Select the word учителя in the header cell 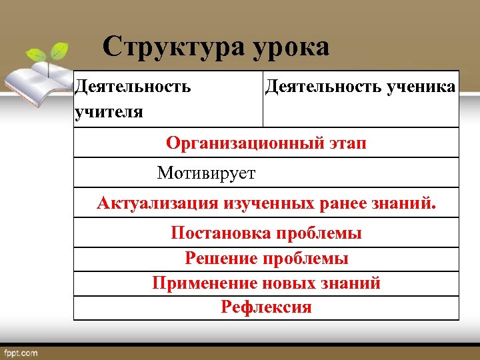click(x=109, y=111)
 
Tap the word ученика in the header click(x=421, y=86)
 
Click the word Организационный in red click(x=246, y=143)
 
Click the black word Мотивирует click(x=206, y=173)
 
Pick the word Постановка click(x=221, y=233)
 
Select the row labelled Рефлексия click(x=266, y=307)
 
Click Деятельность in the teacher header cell click(x=133, y=86)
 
